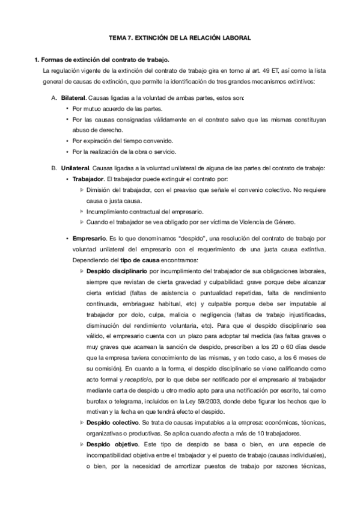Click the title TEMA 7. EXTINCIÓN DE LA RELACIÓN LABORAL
[x=179, y=38]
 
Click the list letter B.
[x=54, y=167]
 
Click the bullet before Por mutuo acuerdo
[x=66, y=109]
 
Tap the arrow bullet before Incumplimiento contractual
[x=82, y=211]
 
